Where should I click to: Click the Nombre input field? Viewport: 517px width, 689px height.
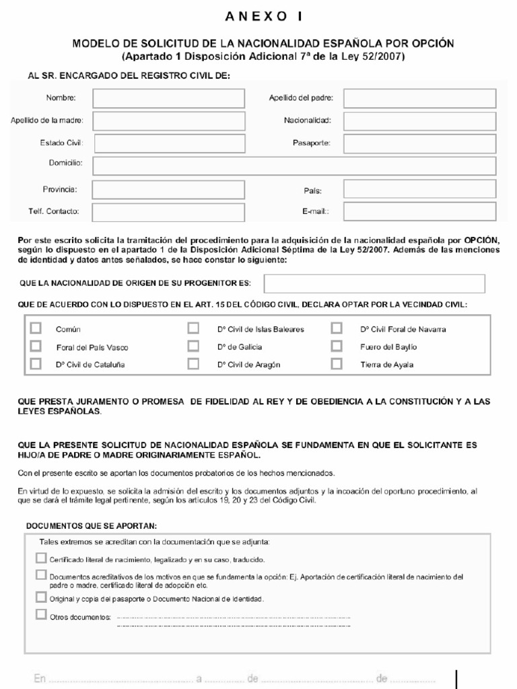(x=168, y=99)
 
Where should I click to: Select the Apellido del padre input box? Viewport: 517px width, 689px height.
(x=419, y=99)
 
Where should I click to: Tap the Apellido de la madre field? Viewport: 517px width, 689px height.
(x=168, y=121)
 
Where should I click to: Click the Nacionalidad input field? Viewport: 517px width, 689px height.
(x=419, y=121)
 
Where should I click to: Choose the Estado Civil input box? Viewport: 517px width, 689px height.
(x=168, y=143)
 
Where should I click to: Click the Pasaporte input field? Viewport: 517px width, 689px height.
(x=419, y=143)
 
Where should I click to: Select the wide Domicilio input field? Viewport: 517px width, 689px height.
(x=294, y=166)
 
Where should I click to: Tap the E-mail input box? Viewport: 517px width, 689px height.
(x=419, y=211)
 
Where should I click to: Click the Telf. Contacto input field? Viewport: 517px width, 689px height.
(x=168, y=211)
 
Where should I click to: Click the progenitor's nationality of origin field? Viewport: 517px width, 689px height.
(x=374, y=284)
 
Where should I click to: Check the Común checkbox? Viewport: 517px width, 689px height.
(x=36, y=328)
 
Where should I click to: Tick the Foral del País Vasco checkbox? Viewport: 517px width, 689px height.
(x=36, y=347)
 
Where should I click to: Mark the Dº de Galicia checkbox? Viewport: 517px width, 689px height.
(x=194, y=347)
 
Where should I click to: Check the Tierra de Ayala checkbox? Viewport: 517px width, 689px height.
(x=337, y=365)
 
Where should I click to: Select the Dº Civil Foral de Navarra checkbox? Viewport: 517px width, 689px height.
(x=337, y=328)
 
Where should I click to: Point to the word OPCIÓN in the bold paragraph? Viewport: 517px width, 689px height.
(x=482, y=239)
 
